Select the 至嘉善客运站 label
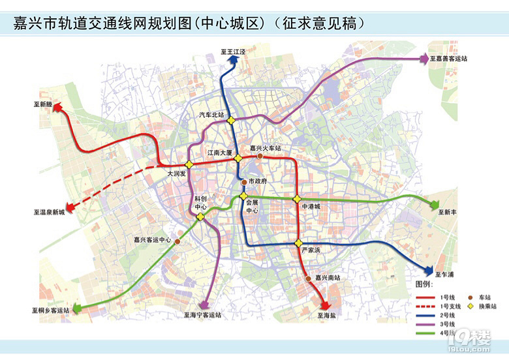coord(448,59)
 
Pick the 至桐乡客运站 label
coord(50,311)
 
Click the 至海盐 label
coord(326,315)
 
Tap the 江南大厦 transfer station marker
coord(239,158)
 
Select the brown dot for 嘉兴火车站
coord(260,157)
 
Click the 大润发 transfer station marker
coord(189,164)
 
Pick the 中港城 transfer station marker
coord(297,198)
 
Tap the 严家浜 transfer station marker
coord(299,243)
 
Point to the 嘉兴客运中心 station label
coord(152,240)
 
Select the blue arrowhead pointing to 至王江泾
coord(232,59)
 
